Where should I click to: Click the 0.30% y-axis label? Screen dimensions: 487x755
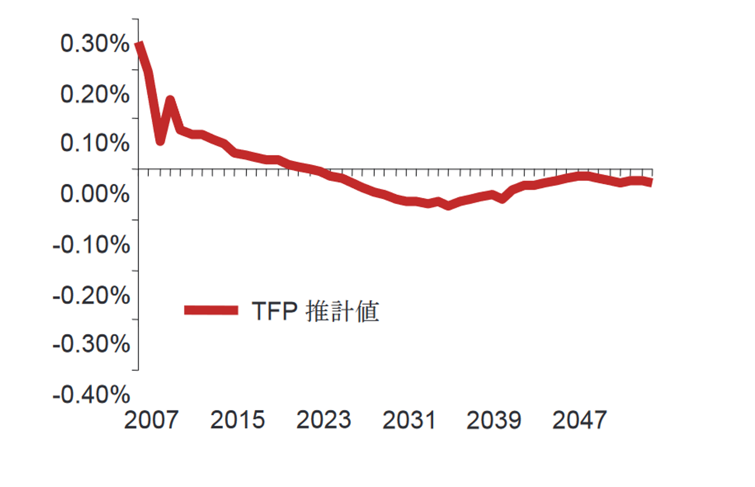95,44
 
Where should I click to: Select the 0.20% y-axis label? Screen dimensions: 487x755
95,94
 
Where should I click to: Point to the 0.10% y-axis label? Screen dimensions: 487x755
95,143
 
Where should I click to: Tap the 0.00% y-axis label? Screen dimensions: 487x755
95,194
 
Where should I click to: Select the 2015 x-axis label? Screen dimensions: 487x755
238,420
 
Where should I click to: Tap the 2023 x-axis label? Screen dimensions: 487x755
323,420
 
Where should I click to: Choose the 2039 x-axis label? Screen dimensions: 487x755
494,420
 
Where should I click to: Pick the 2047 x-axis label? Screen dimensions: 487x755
580,420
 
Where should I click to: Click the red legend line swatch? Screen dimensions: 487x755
211,310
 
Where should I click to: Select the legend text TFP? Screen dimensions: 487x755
274,311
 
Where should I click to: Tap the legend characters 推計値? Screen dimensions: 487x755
342,311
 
